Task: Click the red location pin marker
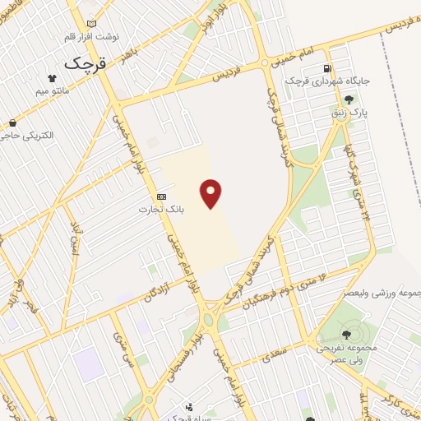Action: pos(211,192)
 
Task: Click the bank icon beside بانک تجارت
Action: pos(161,197)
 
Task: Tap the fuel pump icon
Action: pos(328,68)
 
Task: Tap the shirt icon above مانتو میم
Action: pos(53,77)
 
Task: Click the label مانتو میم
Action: pos(53,91)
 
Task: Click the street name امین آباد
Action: pos(75,237)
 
